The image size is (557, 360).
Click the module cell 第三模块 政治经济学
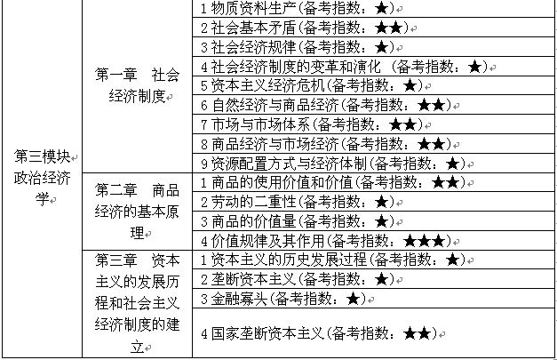(43, 176)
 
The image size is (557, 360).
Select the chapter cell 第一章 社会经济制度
(137, 85)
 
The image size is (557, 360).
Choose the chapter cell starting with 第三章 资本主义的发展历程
(137, 303)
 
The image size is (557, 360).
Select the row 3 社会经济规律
(293, 46)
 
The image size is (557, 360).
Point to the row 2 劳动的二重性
(293, 202)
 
